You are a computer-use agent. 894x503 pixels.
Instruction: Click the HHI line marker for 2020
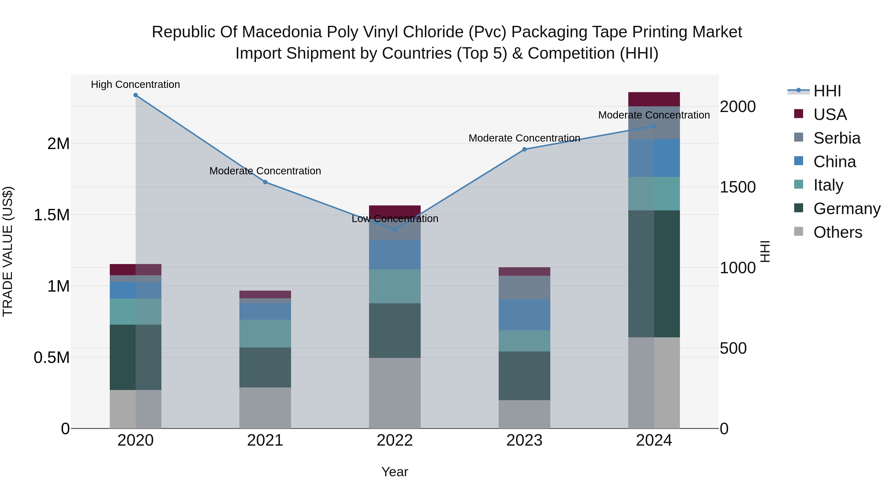(136, 95)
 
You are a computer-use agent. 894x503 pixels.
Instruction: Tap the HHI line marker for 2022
(395, 230)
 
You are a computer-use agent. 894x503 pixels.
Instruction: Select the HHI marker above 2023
(524, 149)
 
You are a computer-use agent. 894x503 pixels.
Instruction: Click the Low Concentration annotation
(395, 219)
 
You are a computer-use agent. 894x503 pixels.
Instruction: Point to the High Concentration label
(135, 84)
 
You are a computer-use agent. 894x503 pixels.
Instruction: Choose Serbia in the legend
(837, 138)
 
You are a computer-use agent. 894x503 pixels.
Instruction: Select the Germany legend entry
(847, 209)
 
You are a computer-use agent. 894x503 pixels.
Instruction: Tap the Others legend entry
(837, 232)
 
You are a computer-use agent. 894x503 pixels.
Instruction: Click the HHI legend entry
(827, 91)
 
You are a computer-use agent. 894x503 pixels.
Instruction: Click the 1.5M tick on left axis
(51, 215)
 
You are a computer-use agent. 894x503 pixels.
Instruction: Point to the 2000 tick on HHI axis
(738, 107)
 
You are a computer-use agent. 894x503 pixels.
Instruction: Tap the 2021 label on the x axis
(265, 440)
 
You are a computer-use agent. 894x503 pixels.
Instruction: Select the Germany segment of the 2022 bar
(395, 330)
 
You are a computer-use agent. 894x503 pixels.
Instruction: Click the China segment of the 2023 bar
(524, 314)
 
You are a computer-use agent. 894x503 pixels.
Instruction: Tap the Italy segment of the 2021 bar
(265, 334)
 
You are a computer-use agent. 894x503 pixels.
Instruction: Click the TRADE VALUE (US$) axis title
(8, 251)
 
